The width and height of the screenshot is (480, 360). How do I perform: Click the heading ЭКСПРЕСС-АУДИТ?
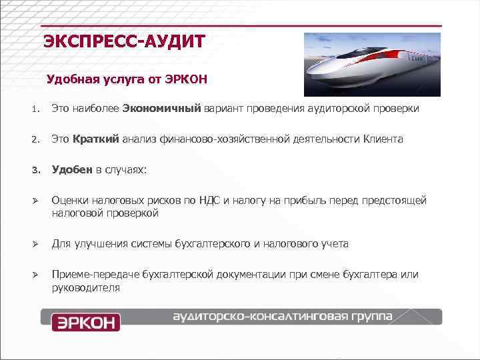click(x=125, y=42)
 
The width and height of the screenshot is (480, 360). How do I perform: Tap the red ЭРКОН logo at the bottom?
click(x=85, y=323)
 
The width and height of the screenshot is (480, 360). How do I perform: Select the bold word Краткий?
click(x=96, y=139)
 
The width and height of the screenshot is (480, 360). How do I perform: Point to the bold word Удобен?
click(x=73, y=170)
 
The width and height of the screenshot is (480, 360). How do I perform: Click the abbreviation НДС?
click(x=216, y=201)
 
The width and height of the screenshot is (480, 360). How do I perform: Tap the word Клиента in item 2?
click(x=383, y=139)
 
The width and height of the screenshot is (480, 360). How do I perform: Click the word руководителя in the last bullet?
click(x=86, y=288)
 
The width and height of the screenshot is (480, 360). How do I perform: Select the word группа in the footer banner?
click(x=369, y=315)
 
